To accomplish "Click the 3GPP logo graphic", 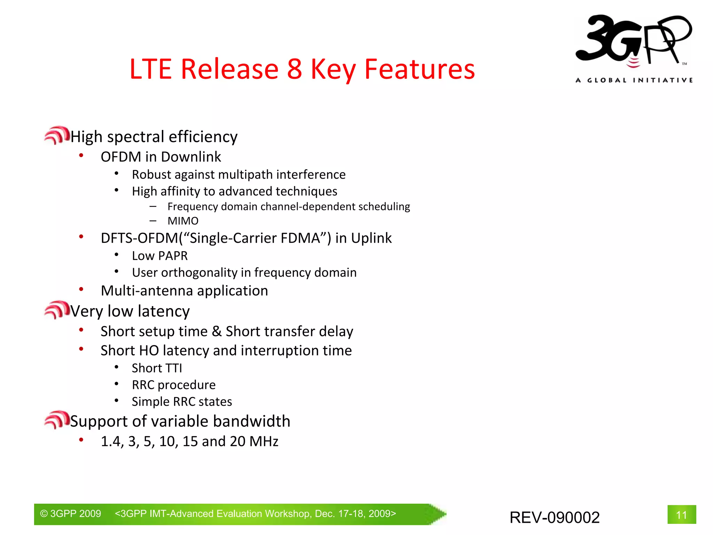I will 634,40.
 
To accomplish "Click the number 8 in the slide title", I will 294,69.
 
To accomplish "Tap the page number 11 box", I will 681,514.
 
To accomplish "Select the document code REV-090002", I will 554,517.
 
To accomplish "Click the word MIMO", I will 183,221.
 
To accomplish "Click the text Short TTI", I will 157,368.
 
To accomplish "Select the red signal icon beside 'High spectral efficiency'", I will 57,135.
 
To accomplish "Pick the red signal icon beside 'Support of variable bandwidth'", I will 57,419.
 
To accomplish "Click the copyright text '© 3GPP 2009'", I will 70,514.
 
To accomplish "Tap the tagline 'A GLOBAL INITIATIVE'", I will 634,80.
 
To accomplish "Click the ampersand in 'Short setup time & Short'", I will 217,331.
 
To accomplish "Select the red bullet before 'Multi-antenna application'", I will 81,289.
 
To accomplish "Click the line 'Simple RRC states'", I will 182,402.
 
